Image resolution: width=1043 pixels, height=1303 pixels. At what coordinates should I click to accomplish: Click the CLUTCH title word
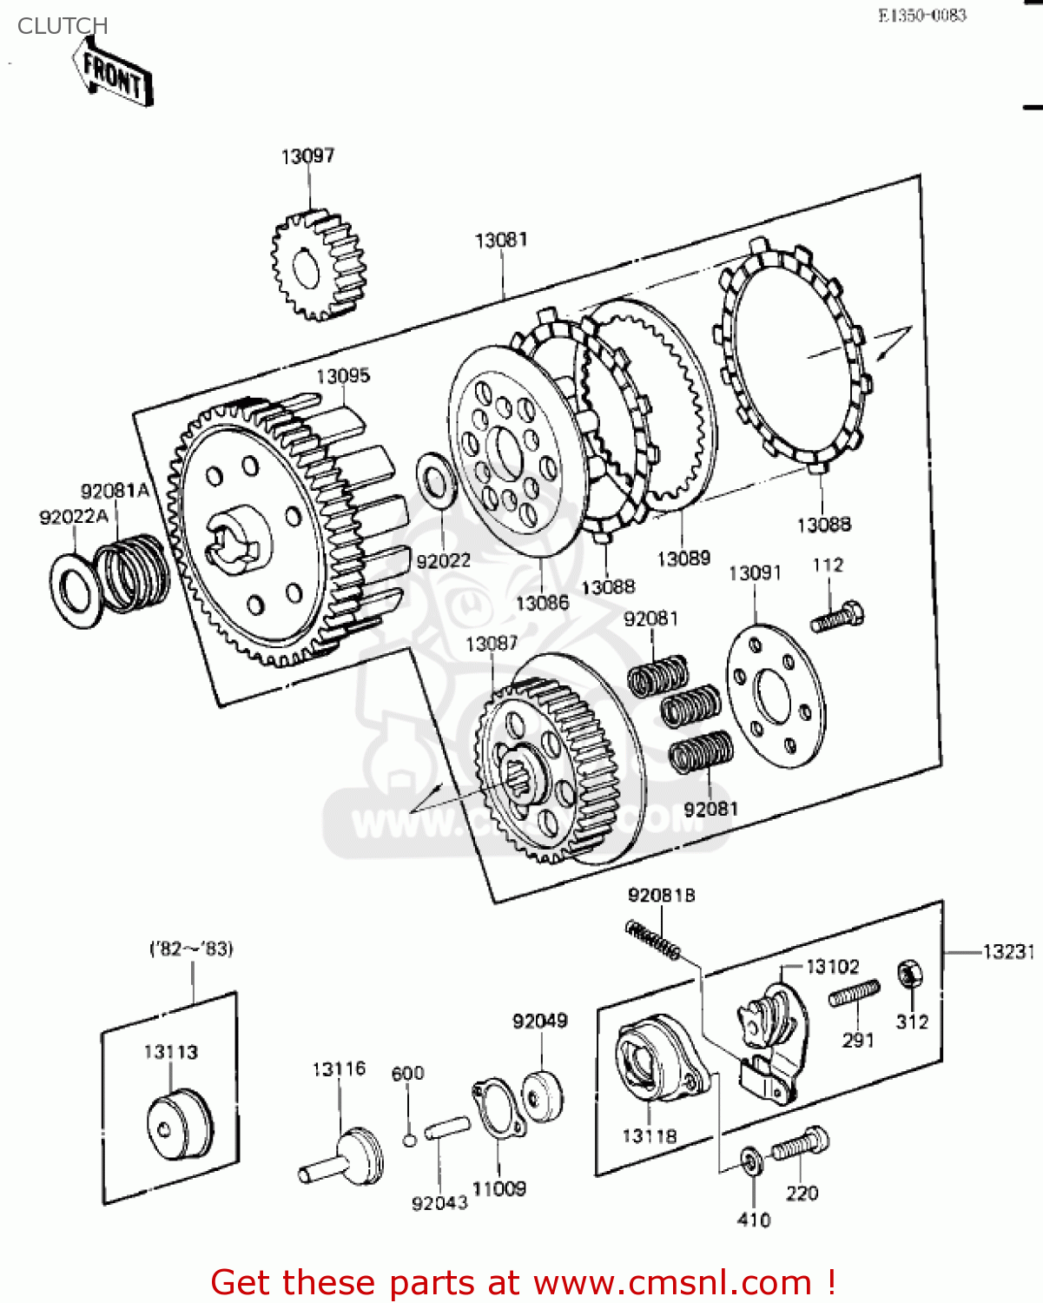[63, 26]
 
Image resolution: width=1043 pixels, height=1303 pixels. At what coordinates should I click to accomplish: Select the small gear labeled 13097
[318, 265]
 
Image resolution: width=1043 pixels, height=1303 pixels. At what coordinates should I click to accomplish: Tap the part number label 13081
[501, 240]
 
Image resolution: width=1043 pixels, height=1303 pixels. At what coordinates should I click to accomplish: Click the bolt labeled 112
[837, 616]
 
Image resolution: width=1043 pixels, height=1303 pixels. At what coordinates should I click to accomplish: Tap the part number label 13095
[343, 375]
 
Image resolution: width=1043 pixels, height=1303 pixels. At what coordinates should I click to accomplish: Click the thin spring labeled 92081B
[653, 941]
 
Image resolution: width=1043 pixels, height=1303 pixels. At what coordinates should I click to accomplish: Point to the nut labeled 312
[908, 975]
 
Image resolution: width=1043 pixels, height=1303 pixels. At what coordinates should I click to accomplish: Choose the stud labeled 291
[854, 994]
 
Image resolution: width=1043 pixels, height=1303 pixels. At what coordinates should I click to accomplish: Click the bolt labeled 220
[800, 1144]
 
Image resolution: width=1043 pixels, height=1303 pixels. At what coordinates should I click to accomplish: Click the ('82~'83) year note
[191, 949]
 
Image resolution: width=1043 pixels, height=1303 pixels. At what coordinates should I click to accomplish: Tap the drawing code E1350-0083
[921, 16]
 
